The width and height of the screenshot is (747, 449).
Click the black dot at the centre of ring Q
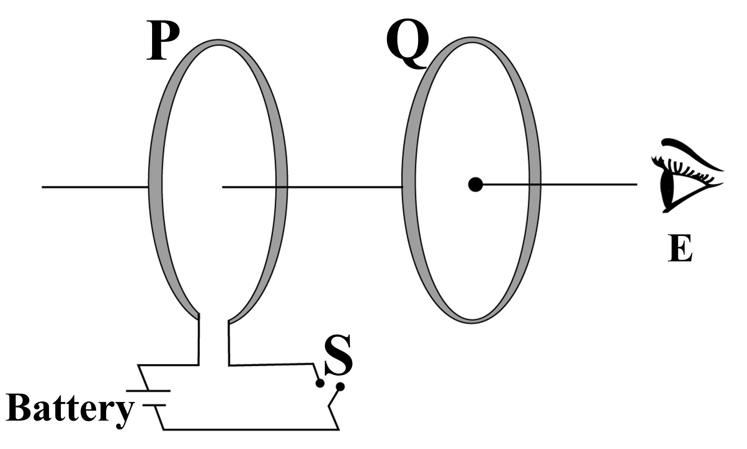tap(475, 184)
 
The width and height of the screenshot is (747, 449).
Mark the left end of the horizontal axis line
tap(42, 187)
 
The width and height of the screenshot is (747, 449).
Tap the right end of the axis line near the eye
tap(637, 184)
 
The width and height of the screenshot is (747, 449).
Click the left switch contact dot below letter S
tap(320, 383)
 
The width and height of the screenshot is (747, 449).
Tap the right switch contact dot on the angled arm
tap(340, 386)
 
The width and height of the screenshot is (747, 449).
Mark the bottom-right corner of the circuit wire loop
tap(339, 429)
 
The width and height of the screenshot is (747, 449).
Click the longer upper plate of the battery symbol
tap(148, 391)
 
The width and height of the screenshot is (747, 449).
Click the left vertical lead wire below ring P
tap(199, 339)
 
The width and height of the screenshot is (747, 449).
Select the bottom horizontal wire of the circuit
tap(251, 429)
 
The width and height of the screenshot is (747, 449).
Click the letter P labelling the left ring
tap(163, 40)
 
